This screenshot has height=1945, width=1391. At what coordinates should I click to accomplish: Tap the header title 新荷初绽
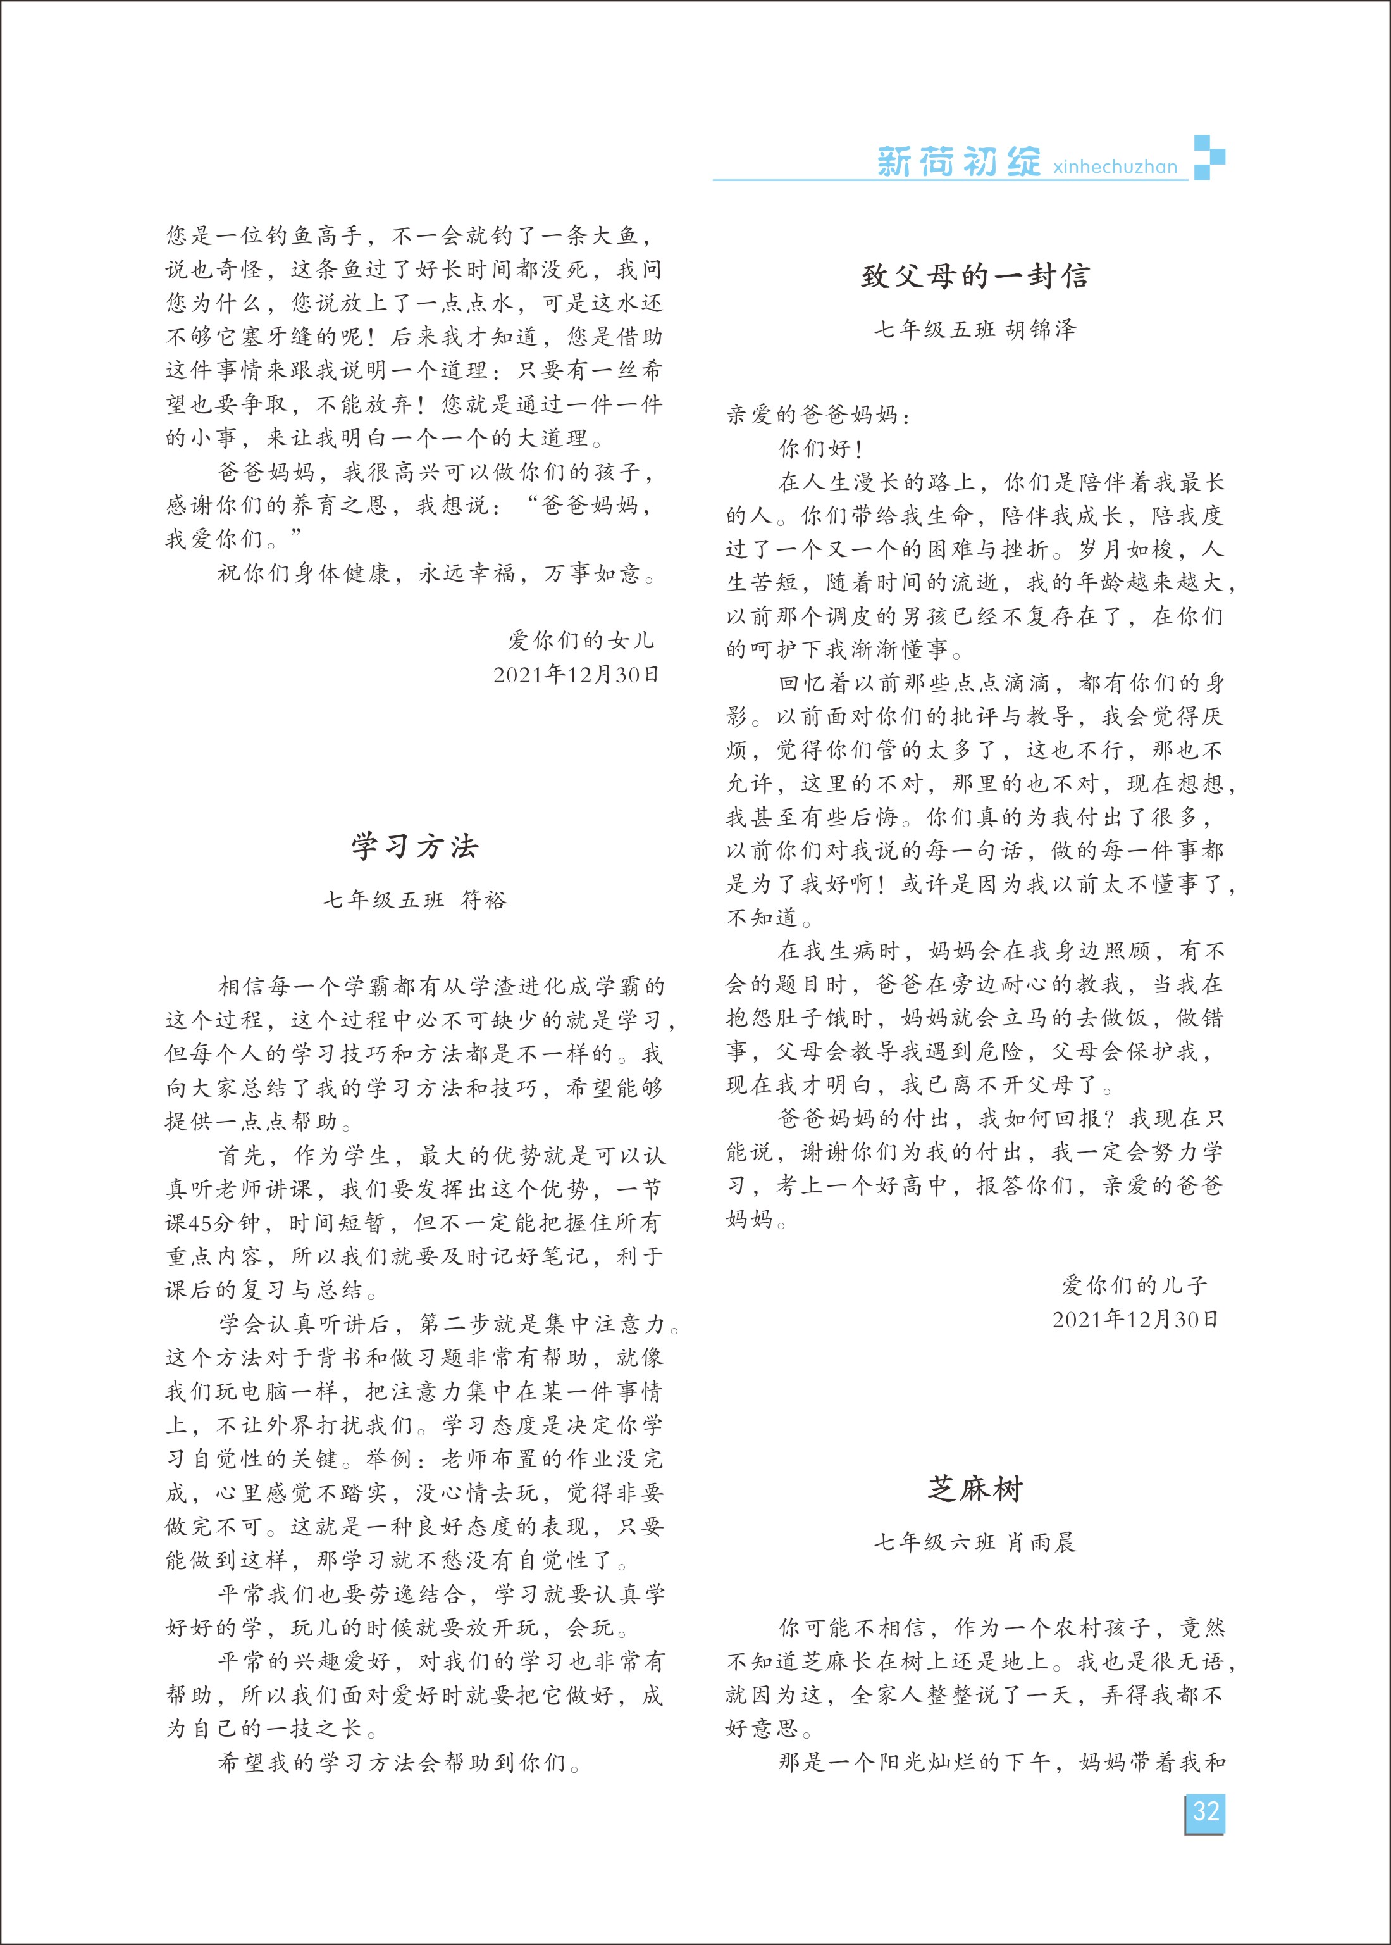(x=958, y=161)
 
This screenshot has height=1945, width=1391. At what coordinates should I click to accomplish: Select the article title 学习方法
(x=414, y=846)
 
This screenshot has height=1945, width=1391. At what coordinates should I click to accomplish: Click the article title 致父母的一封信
(x=975, y=276)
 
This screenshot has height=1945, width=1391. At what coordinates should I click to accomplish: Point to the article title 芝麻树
(x=975, y=1489)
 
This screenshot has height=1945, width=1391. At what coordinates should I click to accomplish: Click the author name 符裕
(x=484, y=899)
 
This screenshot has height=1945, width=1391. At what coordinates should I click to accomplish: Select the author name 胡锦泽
(x=1040, y=329)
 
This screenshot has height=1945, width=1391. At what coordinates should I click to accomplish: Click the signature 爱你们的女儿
(x=581, y=640)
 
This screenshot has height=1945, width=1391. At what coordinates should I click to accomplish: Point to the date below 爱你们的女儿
(x=576, y=674)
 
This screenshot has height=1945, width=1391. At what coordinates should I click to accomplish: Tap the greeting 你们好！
(x=820, y=449)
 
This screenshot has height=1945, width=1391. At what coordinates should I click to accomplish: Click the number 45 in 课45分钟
(x=202, y=1223)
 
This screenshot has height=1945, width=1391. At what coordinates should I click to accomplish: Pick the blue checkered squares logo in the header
(x=1209, y=158)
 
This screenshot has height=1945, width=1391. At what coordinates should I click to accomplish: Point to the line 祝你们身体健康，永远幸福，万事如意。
(x=438, y=573)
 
